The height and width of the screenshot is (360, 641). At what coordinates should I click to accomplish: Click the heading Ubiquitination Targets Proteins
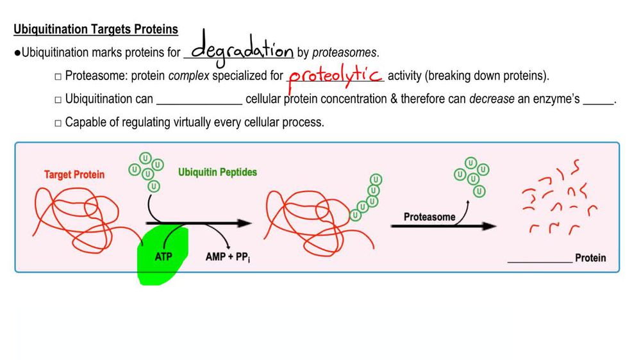[96, 30]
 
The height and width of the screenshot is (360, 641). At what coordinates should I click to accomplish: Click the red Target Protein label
[74, 174]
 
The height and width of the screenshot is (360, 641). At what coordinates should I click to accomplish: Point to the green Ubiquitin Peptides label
[217, 172]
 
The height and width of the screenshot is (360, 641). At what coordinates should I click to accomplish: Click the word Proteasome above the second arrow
[429, 217]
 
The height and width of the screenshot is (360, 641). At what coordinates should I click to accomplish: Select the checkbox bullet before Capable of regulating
[58, 122]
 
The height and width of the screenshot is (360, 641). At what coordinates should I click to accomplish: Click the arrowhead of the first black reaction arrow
[246, 224]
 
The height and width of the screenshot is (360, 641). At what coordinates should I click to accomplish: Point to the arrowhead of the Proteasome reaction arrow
[490, 226]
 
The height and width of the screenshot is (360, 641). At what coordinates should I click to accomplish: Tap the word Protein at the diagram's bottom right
[590, 258]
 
